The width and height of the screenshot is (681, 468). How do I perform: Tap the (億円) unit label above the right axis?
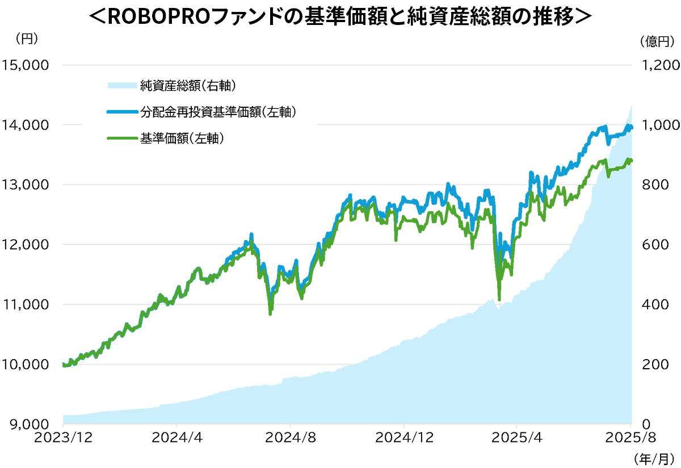point(655,41)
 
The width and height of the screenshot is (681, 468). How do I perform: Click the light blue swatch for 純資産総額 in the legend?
point(122,86)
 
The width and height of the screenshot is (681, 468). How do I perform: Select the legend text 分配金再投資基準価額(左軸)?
point(218,112)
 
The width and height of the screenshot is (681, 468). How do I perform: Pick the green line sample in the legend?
point(122,138)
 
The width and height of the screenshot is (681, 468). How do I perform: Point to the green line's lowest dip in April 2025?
point(499,300)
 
